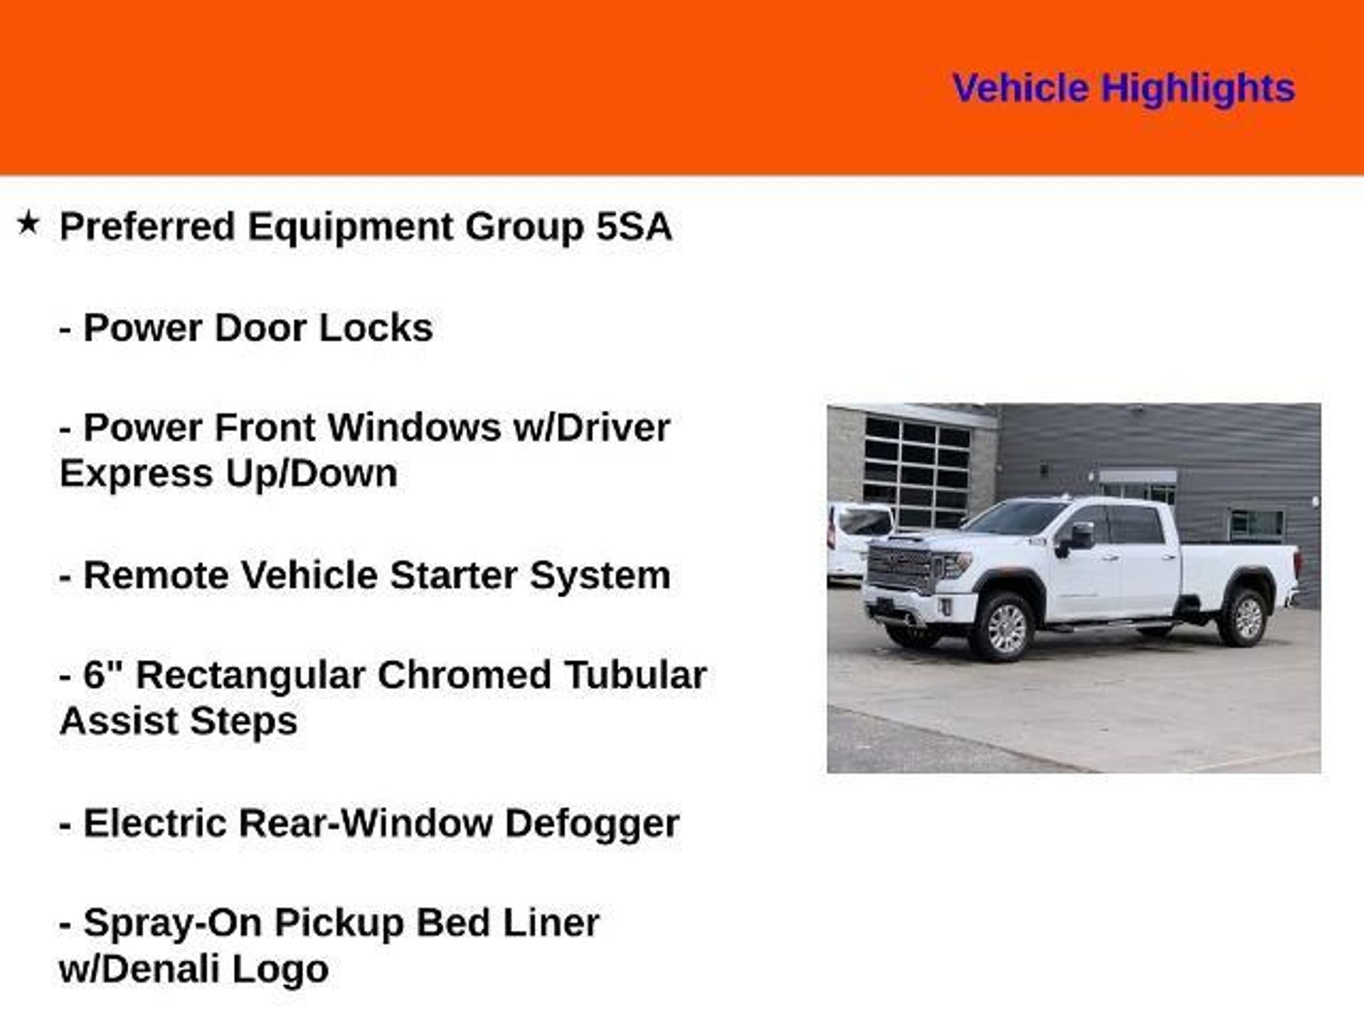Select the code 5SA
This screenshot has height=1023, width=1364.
click(x=633, y=226)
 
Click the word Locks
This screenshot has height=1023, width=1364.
click(x=376, y=328)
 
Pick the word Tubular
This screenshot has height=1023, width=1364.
click(x=636, y=675)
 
